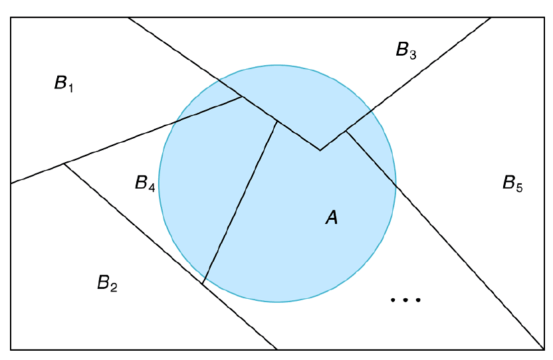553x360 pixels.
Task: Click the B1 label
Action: (x=64, y=84)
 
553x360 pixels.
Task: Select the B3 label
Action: (x=405, y=50)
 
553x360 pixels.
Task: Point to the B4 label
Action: (x=145, y=183)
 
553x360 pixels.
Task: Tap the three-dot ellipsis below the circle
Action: (x=406, y=300)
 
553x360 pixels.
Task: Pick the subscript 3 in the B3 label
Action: (x=413, y=54)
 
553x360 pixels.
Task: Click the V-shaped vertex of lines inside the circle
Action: (x=320, y=150)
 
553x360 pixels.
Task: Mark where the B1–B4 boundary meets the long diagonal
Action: (x=241, y=97)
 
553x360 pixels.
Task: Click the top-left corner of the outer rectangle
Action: (x=11, y=18)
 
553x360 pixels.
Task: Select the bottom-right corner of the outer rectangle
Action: (x=544, y=349)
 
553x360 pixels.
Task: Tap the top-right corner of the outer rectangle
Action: (x=544, y=18)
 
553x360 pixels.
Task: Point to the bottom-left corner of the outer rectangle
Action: (x=11, y=349)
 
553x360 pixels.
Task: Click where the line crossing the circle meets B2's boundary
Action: (x=202, y=284)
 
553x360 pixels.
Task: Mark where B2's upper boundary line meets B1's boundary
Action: (x=64, y=163)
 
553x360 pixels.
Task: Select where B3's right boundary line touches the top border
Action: (x=491, y=18)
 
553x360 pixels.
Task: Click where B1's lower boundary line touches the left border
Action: (x=11, y=183)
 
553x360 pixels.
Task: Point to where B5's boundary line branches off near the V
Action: (x=346, y=132)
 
